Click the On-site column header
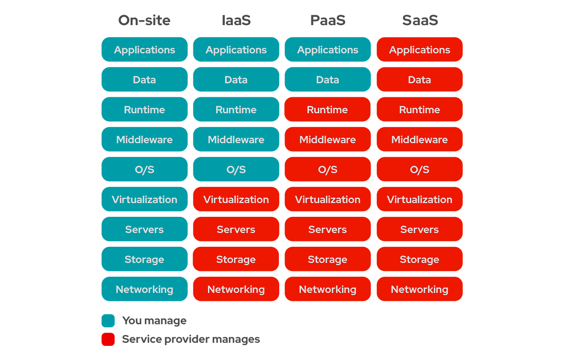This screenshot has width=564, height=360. pyautogui.click(x=144, y=20)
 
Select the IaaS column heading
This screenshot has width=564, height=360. pyautogui.click(x=236, y=20)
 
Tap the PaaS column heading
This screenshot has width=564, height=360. pyautogui.click(x=327, y=20)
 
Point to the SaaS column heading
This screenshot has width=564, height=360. pyautogui.click(x=420, y=20)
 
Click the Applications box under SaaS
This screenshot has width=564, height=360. pyautogui.click(x=419, y=50)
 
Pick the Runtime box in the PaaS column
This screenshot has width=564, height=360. pyautogui.click(x=327, y=110)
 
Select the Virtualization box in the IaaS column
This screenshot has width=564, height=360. pyautogui.click(x=236, y=200)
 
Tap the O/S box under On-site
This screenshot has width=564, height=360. pyautogui.click(x=145, y=170)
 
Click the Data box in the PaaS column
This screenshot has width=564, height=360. pyautogui.click(x=327, y=80)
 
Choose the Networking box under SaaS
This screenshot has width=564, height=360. pyautogui.click(x=419, y=289)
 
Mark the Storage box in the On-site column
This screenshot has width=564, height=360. pyautogui.click(x=145, y=260)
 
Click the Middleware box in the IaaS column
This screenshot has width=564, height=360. pyautogui.click(x=236, y=140)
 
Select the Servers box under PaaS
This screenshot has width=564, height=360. pyautogui.click(x=327, y=230)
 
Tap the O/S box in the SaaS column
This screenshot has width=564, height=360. pyautogui.click(x=419, y=170)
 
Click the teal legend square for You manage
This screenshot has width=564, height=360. pyautogui.click(x=108, y=321)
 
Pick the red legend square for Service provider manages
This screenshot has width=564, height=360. pyautogui.click(x=108, y=339)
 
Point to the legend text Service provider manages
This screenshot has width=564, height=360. pyautogui.click(x=191, y=339)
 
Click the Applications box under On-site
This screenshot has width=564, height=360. pyautogui.click(x=145, y=50)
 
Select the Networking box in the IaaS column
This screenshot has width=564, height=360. pyautogui.click(x=236, y=289)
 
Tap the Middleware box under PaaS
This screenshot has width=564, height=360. pyautogui.click(x=327, y=140)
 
